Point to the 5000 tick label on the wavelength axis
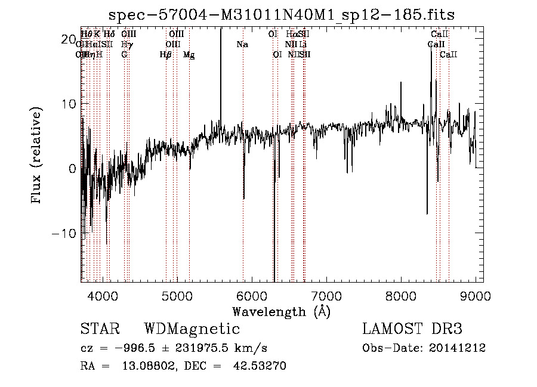click(x=177, y=296)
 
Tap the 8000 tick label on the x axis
click(x=401, y=296)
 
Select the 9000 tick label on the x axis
click(x=476, y=296)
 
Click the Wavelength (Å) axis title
click(x=281, y=311)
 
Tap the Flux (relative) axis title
click(x=37, y=156)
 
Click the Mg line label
click(x=189, y=55)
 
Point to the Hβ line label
click(x=166, y=55)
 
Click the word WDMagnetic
click(x=192, y=329)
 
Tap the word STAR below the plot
click(x=100, y=329)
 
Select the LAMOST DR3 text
click(x=412, y=329)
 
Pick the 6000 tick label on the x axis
click(x=251, y=296)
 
